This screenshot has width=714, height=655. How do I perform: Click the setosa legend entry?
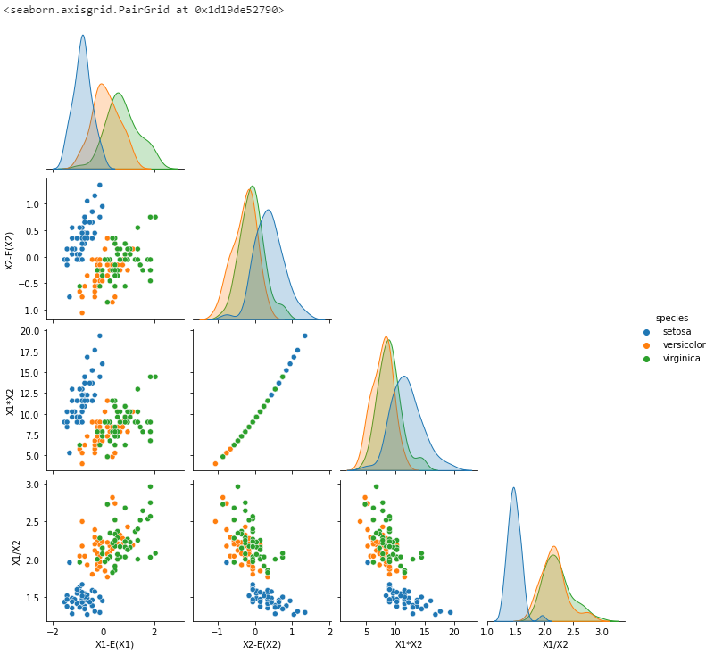coord(676,331)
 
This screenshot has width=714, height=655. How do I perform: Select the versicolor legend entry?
coord(684,344)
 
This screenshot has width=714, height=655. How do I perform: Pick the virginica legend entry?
coord(681,358)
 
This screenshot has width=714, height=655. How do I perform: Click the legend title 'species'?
coord(671,318)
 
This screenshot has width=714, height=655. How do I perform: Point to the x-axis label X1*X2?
coord(409,644)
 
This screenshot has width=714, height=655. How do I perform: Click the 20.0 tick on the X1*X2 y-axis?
coord(29,331)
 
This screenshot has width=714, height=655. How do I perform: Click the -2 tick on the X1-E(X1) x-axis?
coord(51,632)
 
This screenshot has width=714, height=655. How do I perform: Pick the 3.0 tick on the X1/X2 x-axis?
coord(602,632)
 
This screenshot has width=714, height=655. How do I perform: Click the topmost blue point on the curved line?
coord(304,336)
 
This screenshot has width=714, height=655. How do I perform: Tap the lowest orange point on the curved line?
coord(215,463)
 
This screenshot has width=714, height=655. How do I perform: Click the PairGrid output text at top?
coord(144,10)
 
